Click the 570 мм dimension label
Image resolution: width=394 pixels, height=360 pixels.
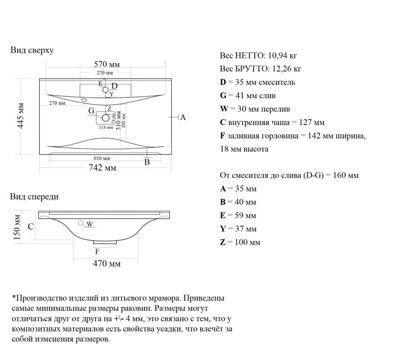tap(107, 64)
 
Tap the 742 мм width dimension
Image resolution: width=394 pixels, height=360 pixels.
tap(102, 168)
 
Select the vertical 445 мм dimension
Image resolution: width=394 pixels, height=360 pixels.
tap(21, 116)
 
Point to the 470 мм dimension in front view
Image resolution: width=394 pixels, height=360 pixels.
tap(107, 263)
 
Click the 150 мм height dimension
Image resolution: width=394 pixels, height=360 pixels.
tap(17, 227)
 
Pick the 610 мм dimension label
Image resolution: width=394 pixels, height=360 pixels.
tap(102, 158)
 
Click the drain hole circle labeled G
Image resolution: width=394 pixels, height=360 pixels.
tap(106, 118)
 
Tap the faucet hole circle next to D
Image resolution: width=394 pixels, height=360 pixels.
tap(106, 90)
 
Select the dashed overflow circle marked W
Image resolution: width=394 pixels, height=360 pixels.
tap(81, 222)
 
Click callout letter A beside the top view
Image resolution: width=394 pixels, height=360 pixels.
tap(183, 117)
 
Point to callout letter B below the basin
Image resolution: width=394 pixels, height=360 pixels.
tap(147, 162)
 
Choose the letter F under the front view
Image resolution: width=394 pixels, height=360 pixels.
tap(97, 251)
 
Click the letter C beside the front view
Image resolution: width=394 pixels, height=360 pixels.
tap(30, 226)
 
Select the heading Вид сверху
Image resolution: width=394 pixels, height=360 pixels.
tap(32, 50)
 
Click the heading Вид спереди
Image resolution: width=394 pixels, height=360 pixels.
tap(34, 196)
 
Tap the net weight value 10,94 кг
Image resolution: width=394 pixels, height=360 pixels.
tap(282, 56)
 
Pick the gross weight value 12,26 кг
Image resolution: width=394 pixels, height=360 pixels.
tap(286, 69)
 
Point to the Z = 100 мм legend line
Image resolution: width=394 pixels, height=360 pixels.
tap(240, 242)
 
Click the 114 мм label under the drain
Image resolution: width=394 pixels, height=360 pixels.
tap(106, 127)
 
